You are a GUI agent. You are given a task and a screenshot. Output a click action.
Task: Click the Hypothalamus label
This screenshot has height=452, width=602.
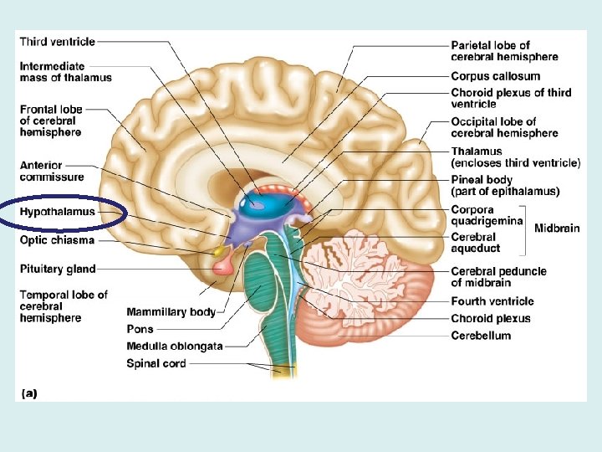(57, 213)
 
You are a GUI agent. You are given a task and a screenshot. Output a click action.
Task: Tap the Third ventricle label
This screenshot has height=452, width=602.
(57, 41)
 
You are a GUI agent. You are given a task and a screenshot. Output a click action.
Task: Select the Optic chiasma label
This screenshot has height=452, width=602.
(57, 240)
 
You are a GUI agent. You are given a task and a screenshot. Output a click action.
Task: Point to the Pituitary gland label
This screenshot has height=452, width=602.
(58, 269)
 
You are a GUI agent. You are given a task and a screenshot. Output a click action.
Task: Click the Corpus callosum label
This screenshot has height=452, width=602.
(495, 76)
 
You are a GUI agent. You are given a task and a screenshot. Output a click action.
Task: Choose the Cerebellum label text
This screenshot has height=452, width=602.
(481, 336)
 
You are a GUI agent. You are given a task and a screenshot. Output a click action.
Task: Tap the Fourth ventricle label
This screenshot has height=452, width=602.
(492, 301)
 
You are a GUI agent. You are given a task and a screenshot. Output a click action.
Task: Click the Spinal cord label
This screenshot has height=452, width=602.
(156, 363)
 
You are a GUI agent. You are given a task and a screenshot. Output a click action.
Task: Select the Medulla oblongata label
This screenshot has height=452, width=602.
(175, 347)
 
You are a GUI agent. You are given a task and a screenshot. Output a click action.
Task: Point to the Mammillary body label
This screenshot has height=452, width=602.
(171, 312)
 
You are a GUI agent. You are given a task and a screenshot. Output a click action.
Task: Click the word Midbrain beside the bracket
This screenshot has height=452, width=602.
(557, 229)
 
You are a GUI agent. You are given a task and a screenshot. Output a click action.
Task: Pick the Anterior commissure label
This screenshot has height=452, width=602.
(52, 171)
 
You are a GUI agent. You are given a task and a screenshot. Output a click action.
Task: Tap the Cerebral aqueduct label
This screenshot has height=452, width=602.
(476, 243)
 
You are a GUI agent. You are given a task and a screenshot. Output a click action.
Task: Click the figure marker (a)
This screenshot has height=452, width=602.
(28, 392)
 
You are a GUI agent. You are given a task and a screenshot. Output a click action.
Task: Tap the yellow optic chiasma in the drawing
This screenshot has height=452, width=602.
(220, 250)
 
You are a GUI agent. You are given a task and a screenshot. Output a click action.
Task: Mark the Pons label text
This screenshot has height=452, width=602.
(140, 329)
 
